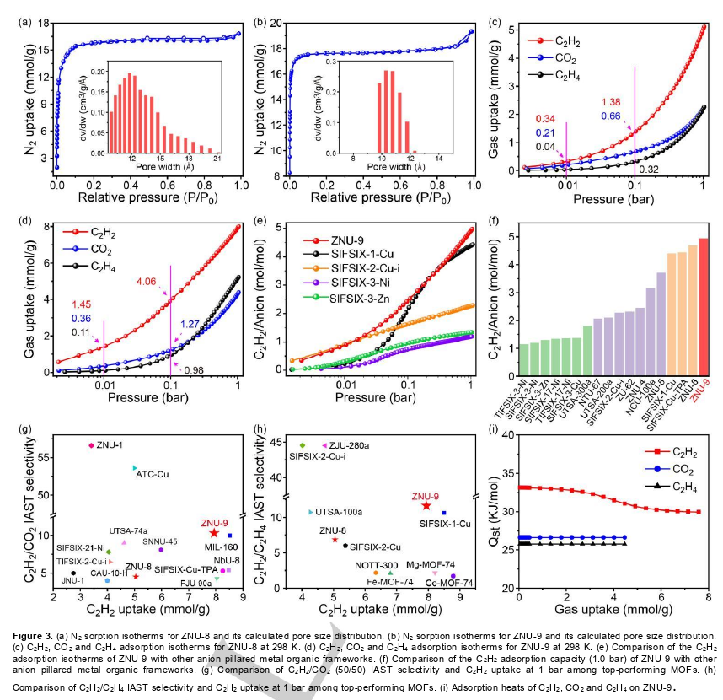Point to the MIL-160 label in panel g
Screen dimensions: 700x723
coord(218,547)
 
